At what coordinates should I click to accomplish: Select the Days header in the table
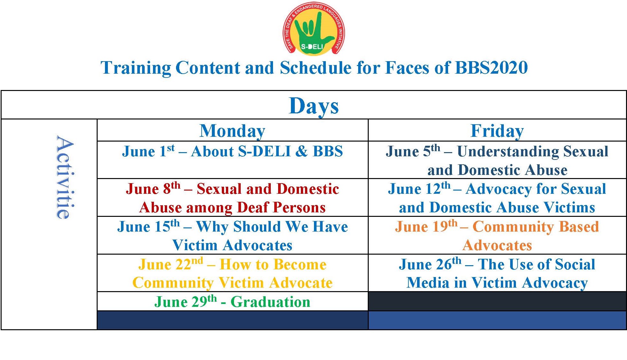click(x=314, y=106)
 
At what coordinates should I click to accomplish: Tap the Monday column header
click(x=232, y=131)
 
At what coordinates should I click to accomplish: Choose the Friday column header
click(x=497, y=131)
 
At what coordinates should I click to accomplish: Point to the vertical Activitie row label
click(x=65, y=177)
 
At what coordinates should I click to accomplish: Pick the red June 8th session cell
click(x=232, y=198)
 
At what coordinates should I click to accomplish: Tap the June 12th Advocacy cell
click(x=497, y=198)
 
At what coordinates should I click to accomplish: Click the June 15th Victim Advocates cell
click(x=232, y=235)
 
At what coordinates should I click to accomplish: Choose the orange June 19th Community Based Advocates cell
click(x=497, y=235)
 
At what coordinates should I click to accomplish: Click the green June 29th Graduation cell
click(x=232, y=301)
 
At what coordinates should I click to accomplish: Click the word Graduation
click(x=270, y=302)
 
